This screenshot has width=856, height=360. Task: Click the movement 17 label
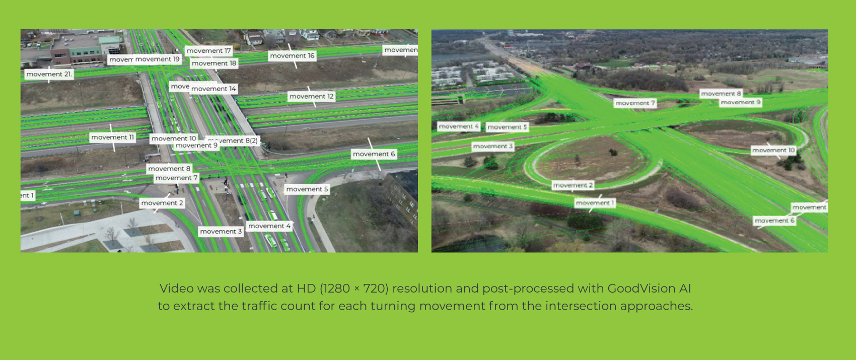tap(208, 51)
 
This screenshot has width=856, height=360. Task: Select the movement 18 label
tap(214, 63)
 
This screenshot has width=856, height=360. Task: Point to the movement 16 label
tap(292, 56)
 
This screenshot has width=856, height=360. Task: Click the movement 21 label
tap(49, 75)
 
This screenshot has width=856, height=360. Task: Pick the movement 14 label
tap(213, 89)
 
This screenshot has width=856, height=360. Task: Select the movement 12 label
tap(311, 97)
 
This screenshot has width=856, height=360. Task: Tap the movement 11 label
tap(112, 137)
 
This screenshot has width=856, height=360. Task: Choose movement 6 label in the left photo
tap(374, 154)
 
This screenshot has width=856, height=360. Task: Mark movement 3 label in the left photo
tap(221, 232)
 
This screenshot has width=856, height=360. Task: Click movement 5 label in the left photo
tap(307, 189)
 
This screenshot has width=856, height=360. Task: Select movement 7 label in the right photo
tap(635, 103)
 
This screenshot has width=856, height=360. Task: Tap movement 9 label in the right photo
tap(740, 103)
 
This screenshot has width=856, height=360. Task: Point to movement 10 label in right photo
tap(773, 151)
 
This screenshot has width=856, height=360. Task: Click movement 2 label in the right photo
tap(573, 185)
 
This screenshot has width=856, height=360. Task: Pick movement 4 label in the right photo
tap(458, 126)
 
